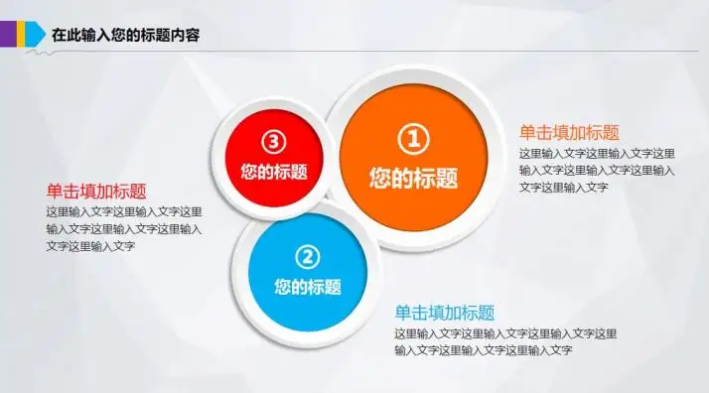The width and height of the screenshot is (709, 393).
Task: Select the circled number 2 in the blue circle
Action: (x=308, y=257)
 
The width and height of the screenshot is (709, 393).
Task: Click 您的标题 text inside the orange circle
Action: (x=413, y=179)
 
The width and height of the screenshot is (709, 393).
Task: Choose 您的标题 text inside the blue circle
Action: (x=308, y=288)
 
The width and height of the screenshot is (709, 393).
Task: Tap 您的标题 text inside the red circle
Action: (x=273, y=171)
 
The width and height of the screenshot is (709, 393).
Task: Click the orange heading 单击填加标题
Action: (x=569, y=132)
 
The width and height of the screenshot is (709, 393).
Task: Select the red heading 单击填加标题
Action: (x=96, y=192)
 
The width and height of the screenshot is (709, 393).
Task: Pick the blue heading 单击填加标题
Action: (x=444, y=312)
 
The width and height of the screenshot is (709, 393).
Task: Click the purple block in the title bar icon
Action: (x=5, y=35)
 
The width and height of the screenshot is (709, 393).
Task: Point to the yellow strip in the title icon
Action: (x=17, y=35)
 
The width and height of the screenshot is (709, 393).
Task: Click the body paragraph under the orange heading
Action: (x=597, y=170)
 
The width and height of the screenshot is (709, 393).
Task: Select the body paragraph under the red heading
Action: (x=124, y=228)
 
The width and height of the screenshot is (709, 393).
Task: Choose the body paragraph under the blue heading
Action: (x=504, y=340)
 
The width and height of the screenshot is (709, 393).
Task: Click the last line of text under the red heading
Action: (x=90, y=246)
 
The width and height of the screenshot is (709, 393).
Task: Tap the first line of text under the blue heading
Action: (x=504, y=332)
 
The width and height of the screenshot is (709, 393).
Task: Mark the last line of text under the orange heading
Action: (x=563, y=187)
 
